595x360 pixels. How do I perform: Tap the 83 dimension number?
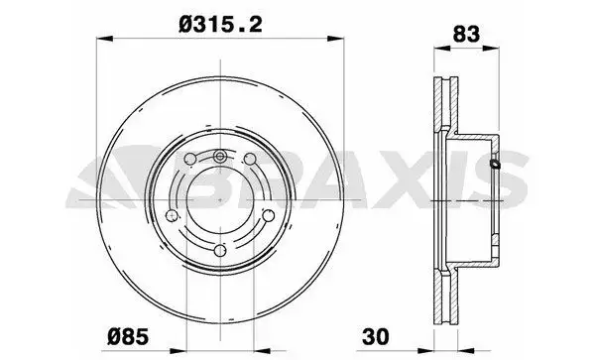(465, 32)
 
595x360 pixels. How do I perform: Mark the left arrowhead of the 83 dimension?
(436, 51)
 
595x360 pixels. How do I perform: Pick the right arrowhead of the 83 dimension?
(495, 51)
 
